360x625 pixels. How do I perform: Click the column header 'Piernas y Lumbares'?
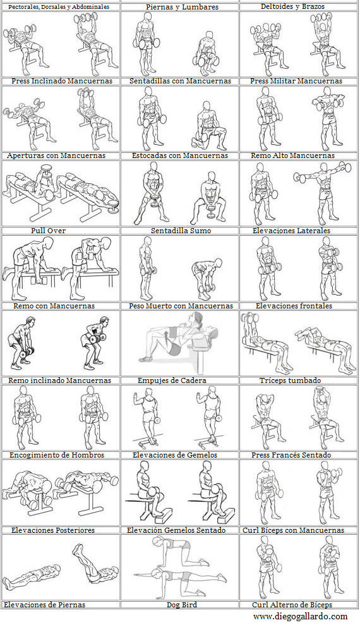tap(182, 7)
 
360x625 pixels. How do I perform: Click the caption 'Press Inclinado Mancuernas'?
tap(62, 81)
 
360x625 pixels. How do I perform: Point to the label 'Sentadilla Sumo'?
tap(181, 231)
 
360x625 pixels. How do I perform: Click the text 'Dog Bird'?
tap(181, 605)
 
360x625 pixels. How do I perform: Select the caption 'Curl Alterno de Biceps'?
tap(292, 605)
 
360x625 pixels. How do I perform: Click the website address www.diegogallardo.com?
tap(300, 616)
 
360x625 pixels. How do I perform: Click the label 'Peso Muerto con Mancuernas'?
tap(181, 306)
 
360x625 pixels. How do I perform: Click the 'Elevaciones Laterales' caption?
tap(291, 231)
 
